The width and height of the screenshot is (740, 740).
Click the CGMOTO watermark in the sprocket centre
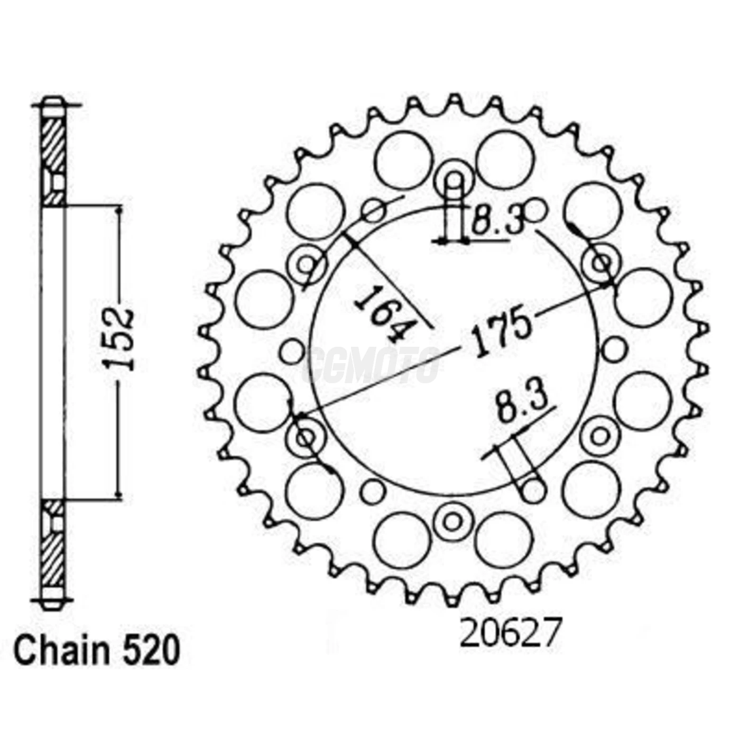(x=373, y=365)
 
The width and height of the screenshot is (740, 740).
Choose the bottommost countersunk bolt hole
(x=452, y=521)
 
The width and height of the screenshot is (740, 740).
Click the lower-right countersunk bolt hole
(x=599, y=436)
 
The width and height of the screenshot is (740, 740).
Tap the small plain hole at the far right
(x=613, y=349)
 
